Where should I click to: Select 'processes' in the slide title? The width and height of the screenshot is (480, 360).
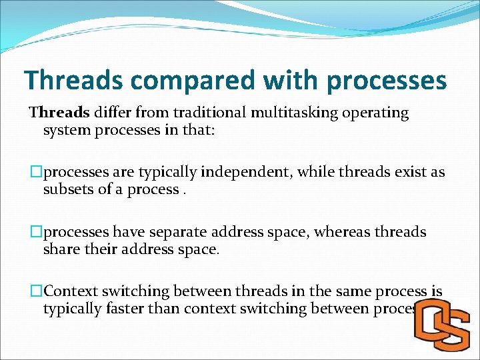click(387, 81)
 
